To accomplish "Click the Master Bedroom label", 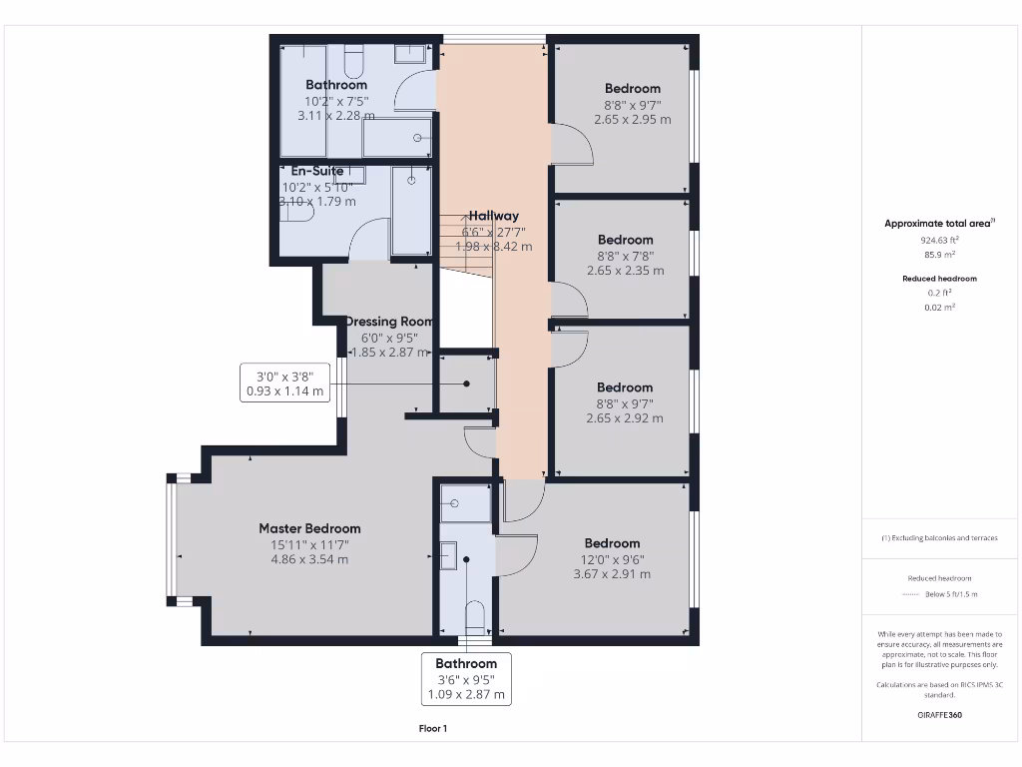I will pos(309,528).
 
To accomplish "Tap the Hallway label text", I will pos(494,216).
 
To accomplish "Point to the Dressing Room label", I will pos(389,322).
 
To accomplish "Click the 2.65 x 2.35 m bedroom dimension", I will pos(625,271).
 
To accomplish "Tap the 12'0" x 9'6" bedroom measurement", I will pos(612,559).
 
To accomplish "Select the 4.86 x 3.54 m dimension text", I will pos(309,559).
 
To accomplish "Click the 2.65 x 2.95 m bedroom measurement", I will pos(632,119).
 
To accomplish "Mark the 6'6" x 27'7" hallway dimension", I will pos(494,231).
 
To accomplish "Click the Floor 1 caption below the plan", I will pos(432,729).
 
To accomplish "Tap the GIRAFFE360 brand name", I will pos(938,715).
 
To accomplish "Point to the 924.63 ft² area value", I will pos(938,240).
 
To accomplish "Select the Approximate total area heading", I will pos(938,224).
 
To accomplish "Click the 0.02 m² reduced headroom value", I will pos(938,308).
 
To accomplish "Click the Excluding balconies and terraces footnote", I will pos(938,538).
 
